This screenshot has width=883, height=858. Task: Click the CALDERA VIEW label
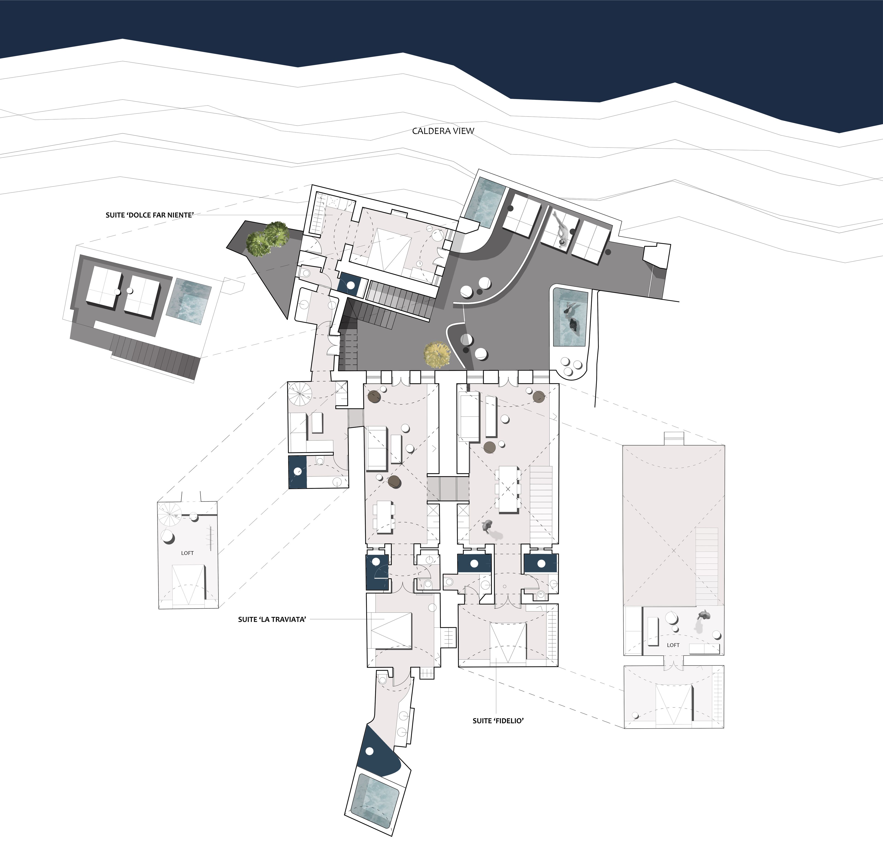point(443,131)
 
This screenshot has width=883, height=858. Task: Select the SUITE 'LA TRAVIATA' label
point(272,620)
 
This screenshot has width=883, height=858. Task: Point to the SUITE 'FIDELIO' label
point(498,721)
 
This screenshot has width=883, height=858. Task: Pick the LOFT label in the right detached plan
point(673,645)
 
